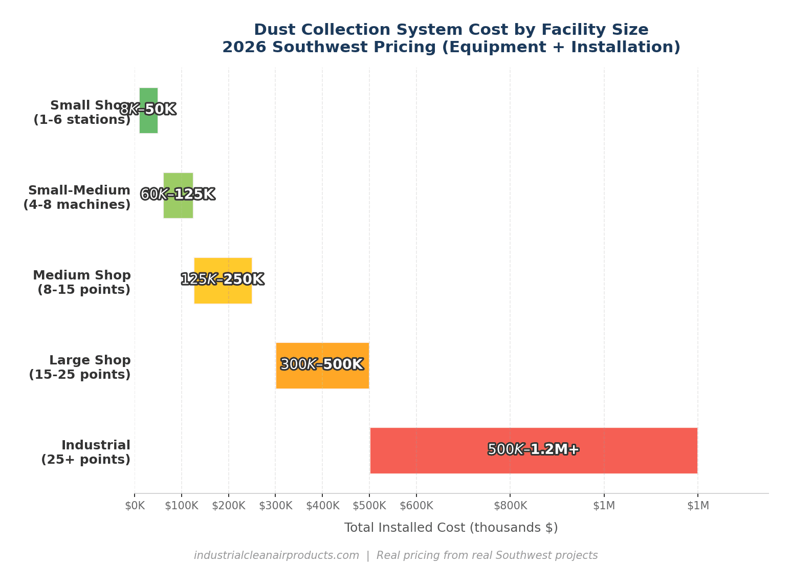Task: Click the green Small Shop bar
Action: coord(148,123)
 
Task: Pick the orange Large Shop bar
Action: coord(322,379)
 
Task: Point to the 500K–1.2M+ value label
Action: coord(533,449)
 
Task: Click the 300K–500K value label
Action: coord(322,364)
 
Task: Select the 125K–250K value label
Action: coord(223,279)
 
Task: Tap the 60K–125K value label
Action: coord(178,194)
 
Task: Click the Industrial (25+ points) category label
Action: coord(85,452)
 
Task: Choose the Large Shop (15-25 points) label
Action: coord(80,367)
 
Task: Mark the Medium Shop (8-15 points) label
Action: coord(82,283)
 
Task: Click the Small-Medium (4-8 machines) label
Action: coord(77,198)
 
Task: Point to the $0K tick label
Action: coord(135,506)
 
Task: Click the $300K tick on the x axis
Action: coord(275,506)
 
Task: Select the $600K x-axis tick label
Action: coord(416,506)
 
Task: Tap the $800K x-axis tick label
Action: coord(510,506)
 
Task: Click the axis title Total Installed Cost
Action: coord(451,528)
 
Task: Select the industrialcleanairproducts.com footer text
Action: coord(276,556)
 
